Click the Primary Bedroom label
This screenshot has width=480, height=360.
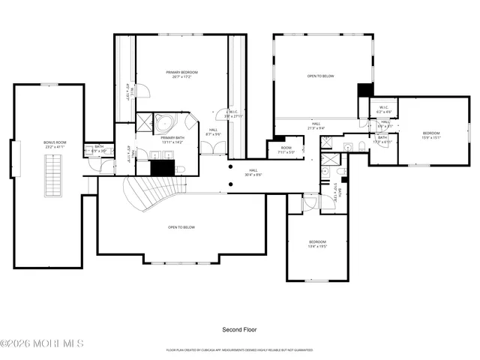(x=182, y=75)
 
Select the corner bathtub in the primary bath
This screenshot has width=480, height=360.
(x=164, y=123)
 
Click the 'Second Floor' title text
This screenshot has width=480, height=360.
(x=240, y=330)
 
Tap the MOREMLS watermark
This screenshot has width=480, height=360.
(x=42, y=344)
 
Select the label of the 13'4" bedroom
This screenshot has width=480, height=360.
(x=318, y=244)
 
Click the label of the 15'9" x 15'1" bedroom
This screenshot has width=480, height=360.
(x=432, y=136)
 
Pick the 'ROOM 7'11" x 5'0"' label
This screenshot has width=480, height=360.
(x=286, y=150)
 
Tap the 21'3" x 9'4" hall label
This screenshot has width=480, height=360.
(x=316, y=126)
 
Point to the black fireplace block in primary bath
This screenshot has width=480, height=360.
(x=162, y=168)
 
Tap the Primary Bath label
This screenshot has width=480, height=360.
(x=172, y=140)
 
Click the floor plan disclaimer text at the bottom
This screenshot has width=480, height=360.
(x=240, y=349)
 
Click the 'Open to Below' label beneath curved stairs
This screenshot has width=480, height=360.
(x=182, y=227)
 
